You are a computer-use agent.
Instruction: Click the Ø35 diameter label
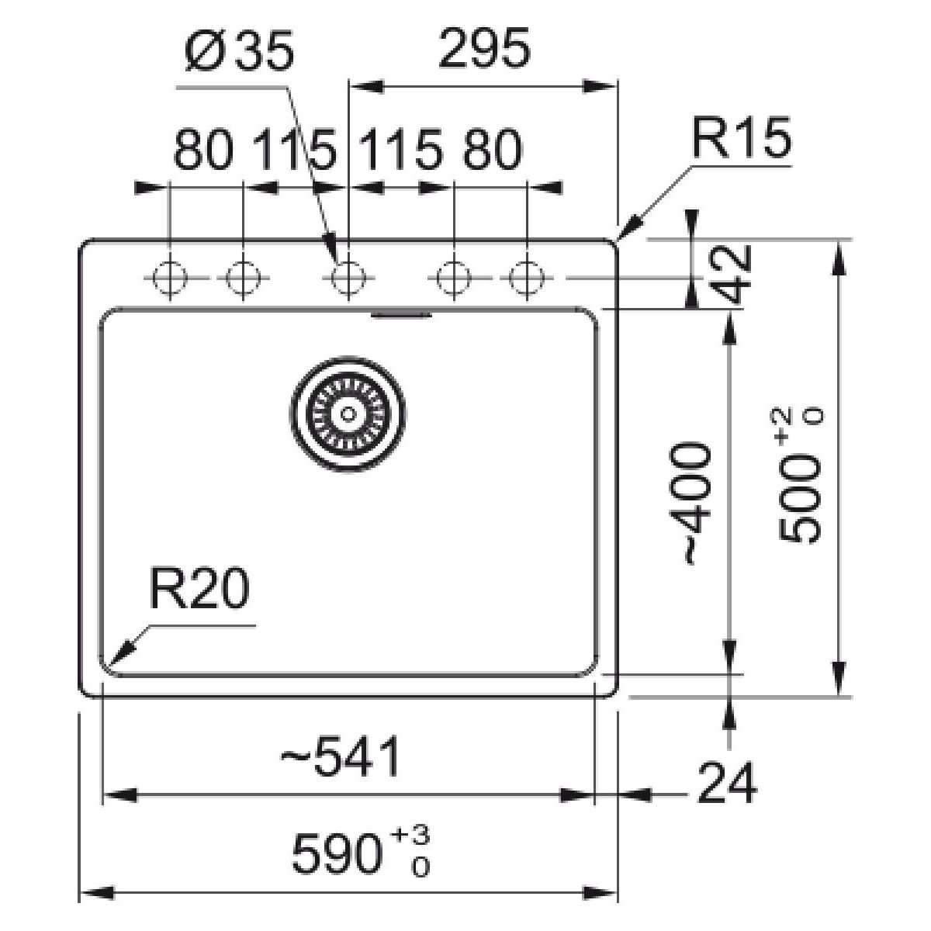tap(240, 50)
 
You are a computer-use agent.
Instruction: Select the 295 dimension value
tap(485, 47)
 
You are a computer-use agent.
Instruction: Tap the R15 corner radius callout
tap(742, 137)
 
